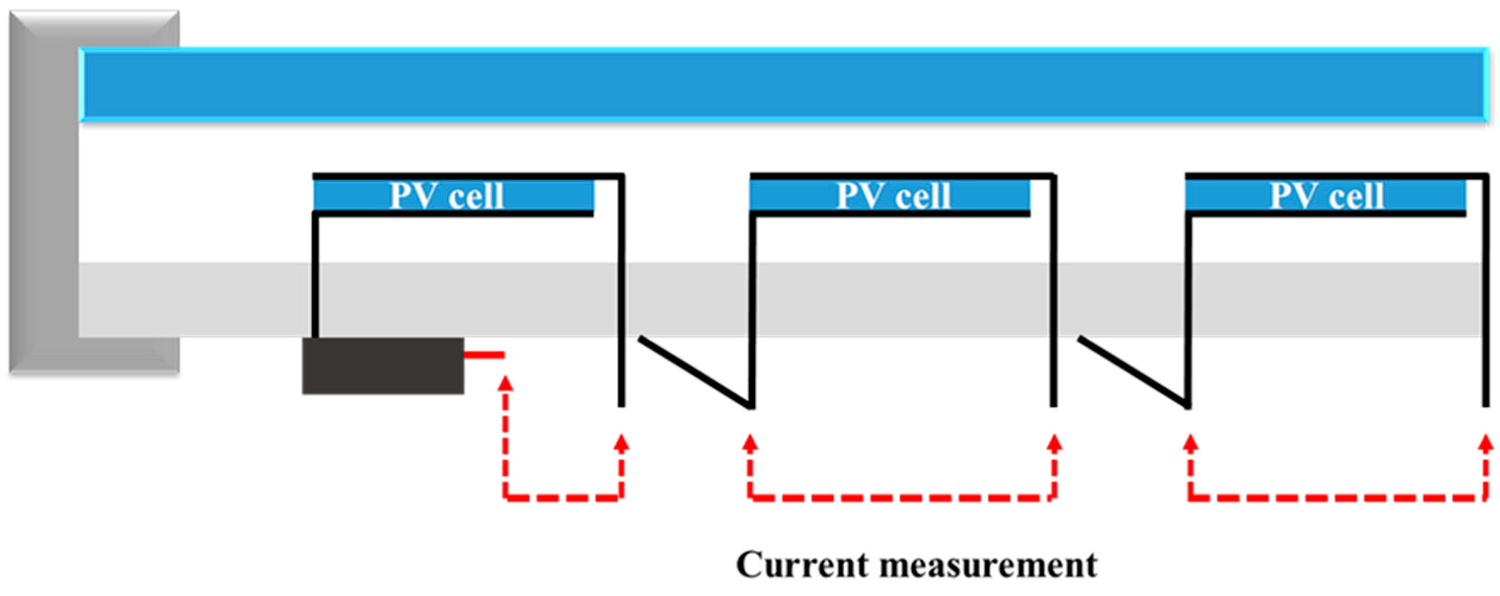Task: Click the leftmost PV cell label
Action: pos(446,196)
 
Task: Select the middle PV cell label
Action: pos(893,196)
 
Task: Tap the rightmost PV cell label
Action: pos(1326,196)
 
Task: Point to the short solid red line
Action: pos(484,354)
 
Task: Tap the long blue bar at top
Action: pos(780,84)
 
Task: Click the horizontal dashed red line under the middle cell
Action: pos(901,497)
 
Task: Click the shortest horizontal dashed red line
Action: pos(563,497)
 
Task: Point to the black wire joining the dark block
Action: pos(315,274)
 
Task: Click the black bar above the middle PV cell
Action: pos(901,175)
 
